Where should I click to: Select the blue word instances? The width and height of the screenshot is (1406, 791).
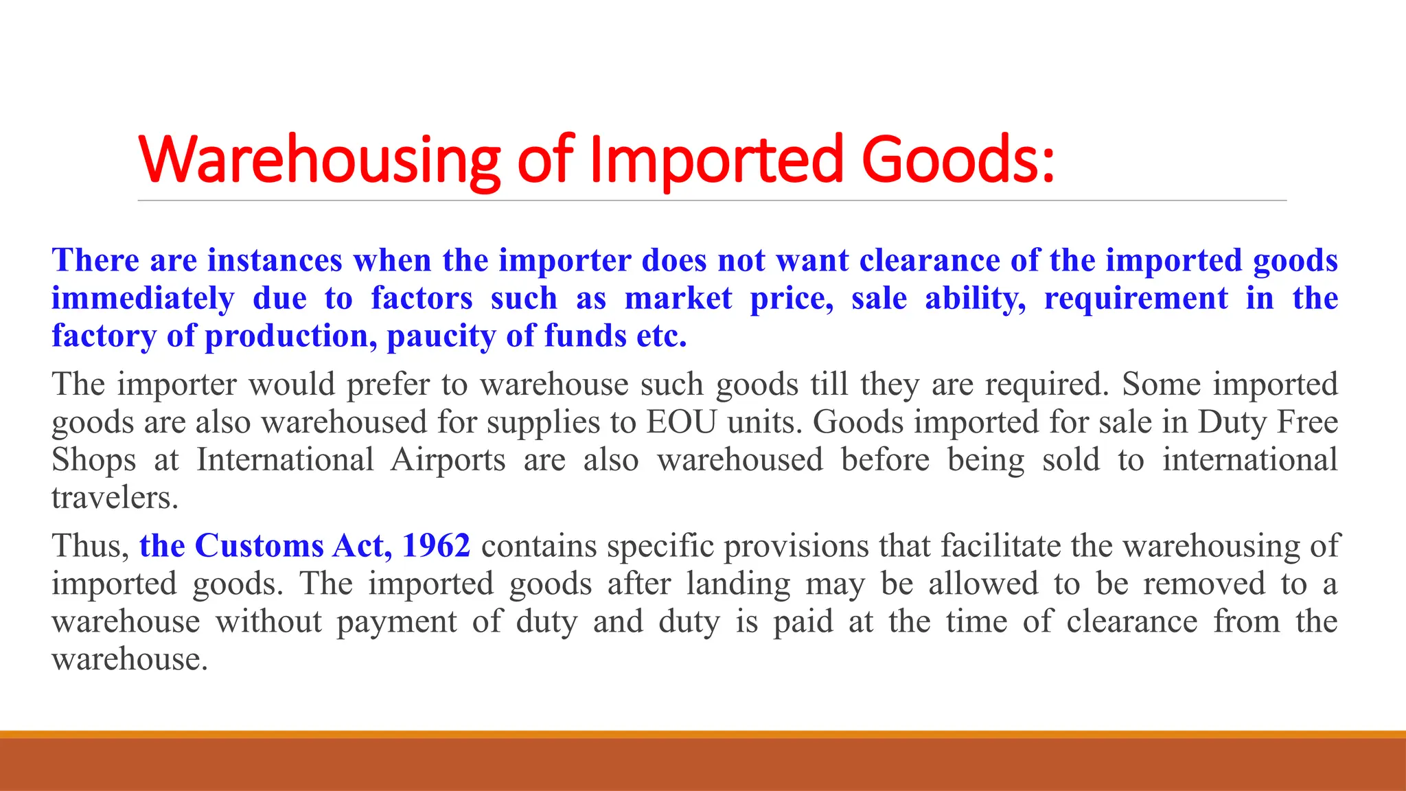(x=275, y=261)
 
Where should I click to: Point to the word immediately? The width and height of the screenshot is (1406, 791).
(x=143, y=299)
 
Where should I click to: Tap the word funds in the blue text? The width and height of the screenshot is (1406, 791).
(x=585, y=336)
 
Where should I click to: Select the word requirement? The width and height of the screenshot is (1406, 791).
(x=1136, y=299)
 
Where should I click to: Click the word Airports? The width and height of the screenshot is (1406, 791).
(x=448, y=460)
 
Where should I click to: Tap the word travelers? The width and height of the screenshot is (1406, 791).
(x=115, y=498)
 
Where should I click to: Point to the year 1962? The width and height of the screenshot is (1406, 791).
(x=436, y=547)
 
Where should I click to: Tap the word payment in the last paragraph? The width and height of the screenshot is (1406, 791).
(x=396, y=622)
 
